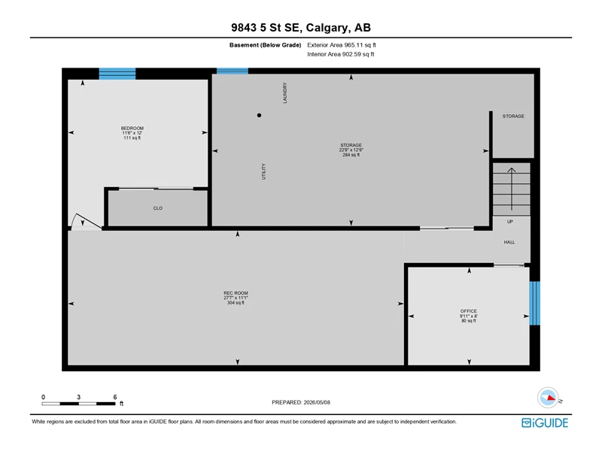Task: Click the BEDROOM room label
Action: pyautogui.click(x=132, y=128)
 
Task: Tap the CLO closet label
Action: pyautogui.click(x=158, y=208)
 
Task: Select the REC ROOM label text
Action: pyautogui.click(x=236, y=293)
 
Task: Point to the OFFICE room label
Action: pyautogui.click(x=468, y=311)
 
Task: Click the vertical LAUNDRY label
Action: pyautogui.click(x=285, y=92)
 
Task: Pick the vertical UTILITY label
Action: pyautogui.click(x=264, y=171)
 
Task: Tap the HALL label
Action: pyautogui.click(x=509, y=242)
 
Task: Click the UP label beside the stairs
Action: pyautogui.click(x=510, y=222)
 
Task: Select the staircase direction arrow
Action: pyautogui.click(x=512, y=189)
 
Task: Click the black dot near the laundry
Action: pyautogui.click(x=259, y=115)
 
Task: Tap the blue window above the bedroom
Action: pyautogui.click(x=117, y=74)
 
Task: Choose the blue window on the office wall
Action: pyautogui.click(x=534, y=304)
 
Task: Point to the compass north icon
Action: pyautogui.click(x=549, y=398)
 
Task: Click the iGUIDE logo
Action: pyautogui.click(x=545, y=422)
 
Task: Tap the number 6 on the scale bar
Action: pyautogui.click(x=115, y=397)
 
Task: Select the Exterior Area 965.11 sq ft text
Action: pyautogui.click(x=342, y=45)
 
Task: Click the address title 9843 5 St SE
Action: pyautogui.click(x=267, y=28)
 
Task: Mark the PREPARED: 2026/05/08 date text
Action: pyautogui.click(x=301, y=402)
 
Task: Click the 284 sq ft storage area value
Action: pyautogui.click(x=351, y=155)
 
